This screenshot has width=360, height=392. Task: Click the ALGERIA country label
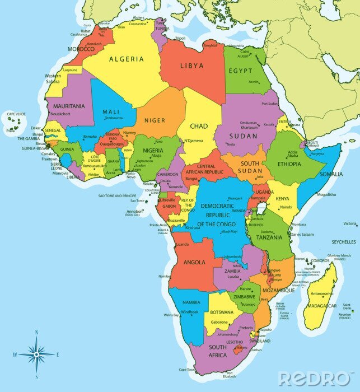click(x=127, y=59)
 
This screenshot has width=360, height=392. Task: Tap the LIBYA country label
click(x=192, y=66)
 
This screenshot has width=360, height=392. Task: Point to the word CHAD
click(x=199, y=126)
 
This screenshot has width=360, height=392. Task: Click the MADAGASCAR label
click(x=322, y=306)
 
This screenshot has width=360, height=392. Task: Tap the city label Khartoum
click(x=249, y=127)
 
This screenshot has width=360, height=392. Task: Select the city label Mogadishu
click(x=326, y=195)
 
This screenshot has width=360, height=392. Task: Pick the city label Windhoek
click(x=190, y=311)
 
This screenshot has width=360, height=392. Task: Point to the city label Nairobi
click(x=286, y=207)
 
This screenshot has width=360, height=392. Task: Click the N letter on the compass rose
click(x=36, y=332)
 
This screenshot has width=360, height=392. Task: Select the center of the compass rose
click(x=36, y=354)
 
